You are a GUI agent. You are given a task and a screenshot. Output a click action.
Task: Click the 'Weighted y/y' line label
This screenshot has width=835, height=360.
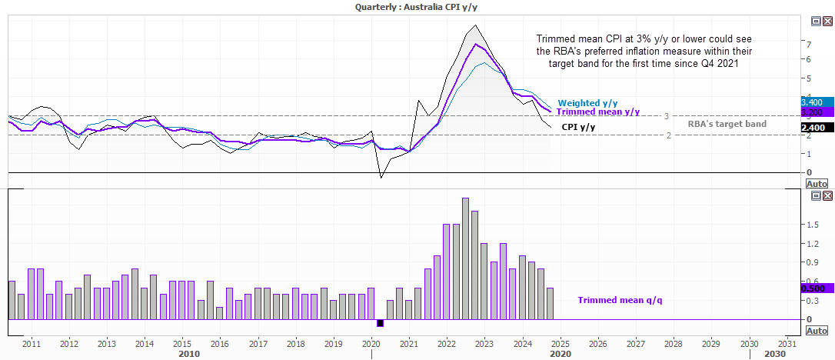pyautogui.click(x=588, y=103)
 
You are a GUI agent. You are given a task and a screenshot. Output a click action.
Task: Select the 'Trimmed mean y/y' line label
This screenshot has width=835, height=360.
pyautogui.click(x=598, y=112)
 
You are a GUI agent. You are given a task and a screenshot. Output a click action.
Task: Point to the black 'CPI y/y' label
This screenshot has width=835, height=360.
pyautogui.click(x=577, y=127)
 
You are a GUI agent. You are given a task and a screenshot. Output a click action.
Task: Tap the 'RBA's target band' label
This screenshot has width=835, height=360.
pyautogui.click(x=727, y=124)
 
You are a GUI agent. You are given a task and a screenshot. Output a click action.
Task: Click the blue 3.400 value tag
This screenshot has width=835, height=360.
pyautogui.click(x=813, y=102)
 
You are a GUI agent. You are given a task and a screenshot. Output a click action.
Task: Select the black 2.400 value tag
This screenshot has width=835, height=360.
pyautogui.click(x=813, y=128)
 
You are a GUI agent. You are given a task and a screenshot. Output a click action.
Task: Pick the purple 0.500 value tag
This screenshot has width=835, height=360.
pyautogui.click(x=813, y=288)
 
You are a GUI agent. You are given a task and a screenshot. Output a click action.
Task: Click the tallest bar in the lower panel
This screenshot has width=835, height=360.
pyautogui.click(x=465, y=258)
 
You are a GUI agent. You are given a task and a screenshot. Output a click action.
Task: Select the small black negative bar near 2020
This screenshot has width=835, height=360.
pyautogui.click(x=380, y=323)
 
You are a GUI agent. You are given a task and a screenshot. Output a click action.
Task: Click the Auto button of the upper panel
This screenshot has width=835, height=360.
pyautogui.click(x=816, y=185)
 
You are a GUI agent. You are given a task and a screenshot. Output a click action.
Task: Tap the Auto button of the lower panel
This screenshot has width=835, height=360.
pyautogui.click(x=816, y=331)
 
